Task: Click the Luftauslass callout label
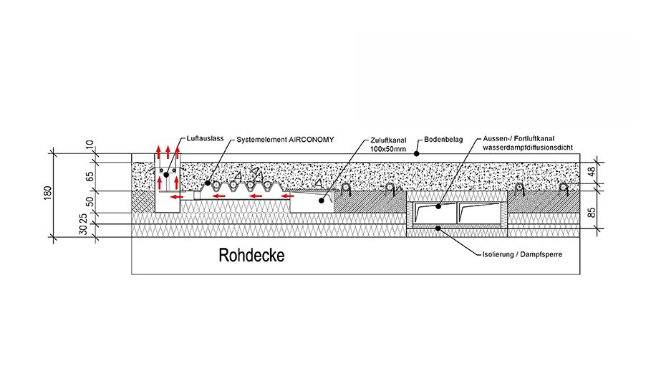[x=205, y=139]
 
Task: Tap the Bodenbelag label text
[x=443, y=140]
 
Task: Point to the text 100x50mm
[x=387, y=149]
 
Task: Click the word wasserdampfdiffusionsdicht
[x=528, y=148]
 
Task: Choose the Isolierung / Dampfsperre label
[x=522, y=254]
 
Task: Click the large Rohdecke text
[x=251, y=255]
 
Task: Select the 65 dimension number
[x=90, y=177]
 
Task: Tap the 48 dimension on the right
[x=592, y=170]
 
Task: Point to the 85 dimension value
[x=592, y=212]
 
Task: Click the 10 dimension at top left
[x=90, y=145]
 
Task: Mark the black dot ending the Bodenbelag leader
[x=417, y=153]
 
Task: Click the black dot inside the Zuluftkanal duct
[x=321, y=201]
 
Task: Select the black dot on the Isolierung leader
[x=438, y=228]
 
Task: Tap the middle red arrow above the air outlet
[x=168, y=152]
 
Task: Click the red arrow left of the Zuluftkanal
[x=288, y=196]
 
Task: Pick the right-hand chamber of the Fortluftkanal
[x=481, y=213]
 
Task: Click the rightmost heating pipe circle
[x=563, y=188]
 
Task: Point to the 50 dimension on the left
[x=90, y=202]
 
